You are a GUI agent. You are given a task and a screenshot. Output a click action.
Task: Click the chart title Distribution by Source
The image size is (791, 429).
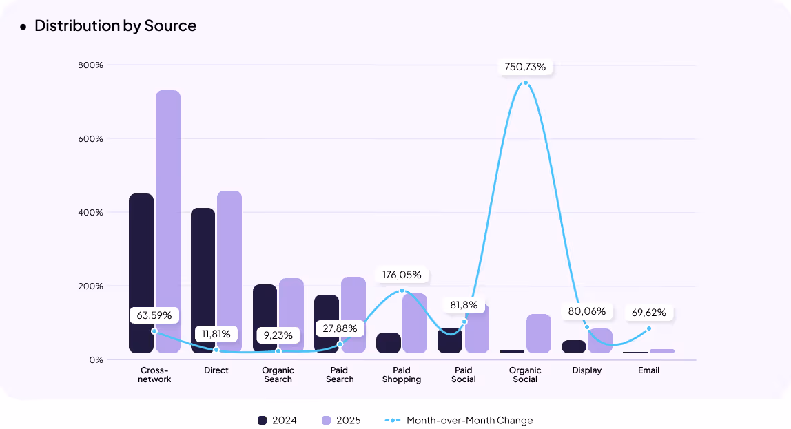115,26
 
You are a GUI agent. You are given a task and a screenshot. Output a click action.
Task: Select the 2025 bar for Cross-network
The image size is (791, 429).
168,220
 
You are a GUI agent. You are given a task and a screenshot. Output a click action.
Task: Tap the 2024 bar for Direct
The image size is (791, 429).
203,279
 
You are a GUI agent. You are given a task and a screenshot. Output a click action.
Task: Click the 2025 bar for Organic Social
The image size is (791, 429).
539,334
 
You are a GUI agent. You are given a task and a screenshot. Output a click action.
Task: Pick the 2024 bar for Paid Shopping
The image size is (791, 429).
389,343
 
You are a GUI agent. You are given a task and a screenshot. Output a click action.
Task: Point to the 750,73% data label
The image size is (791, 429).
525,67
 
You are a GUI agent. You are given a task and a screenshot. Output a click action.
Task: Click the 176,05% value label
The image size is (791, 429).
402,275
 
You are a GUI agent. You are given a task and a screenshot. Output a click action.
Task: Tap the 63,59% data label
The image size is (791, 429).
154,315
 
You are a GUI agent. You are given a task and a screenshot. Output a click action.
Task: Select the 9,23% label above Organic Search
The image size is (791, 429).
278,335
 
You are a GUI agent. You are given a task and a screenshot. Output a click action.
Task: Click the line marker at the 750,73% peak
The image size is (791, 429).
526,83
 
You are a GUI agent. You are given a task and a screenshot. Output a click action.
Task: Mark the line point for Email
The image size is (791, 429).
649,328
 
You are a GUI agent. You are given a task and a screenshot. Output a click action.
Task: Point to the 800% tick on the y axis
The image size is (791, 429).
90,65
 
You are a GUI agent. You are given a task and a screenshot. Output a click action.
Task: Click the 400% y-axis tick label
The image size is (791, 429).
90,213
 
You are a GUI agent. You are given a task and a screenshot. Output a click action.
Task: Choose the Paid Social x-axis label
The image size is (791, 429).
464,375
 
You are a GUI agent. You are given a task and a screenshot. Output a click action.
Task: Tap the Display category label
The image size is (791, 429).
587,370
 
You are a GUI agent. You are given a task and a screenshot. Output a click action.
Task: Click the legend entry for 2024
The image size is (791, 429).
277,420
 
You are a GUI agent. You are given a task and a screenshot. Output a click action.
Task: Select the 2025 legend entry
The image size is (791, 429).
341,420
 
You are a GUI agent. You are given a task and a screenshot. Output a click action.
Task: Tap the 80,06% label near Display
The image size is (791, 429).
587,311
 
